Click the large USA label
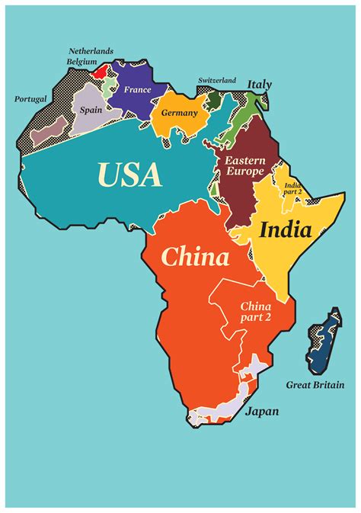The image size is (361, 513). tap(129, 175)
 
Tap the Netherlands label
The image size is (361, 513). tap(91, 51)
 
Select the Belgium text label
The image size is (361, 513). tap(83, 61)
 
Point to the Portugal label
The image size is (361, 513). tap(30, 99)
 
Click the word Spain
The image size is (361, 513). tap(91, 110)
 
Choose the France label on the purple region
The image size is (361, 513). tap(137, 90)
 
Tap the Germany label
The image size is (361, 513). tap(179, 113)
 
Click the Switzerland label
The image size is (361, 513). tap(217, 80)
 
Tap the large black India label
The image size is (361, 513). tap(286, 229)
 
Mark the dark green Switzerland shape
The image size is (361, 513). tap(215, 100)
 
